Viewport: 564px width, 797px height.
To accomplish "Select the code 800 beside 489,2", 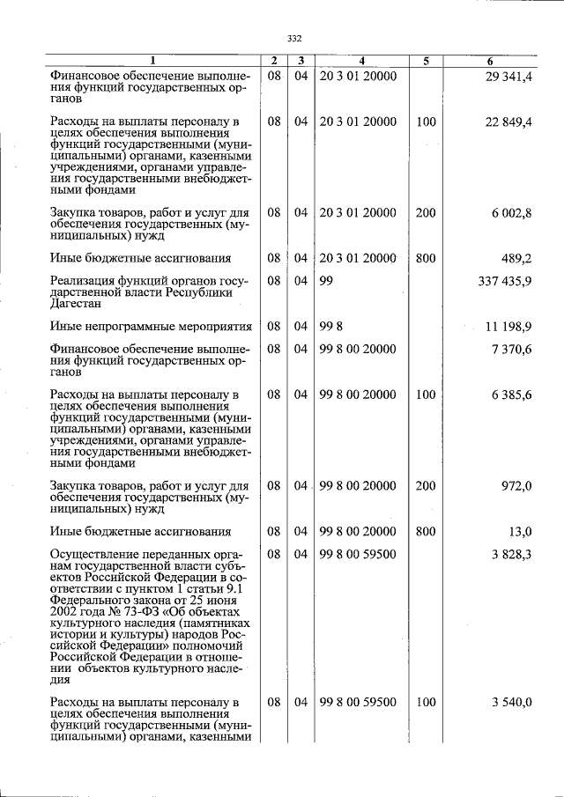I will [426, 258].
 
